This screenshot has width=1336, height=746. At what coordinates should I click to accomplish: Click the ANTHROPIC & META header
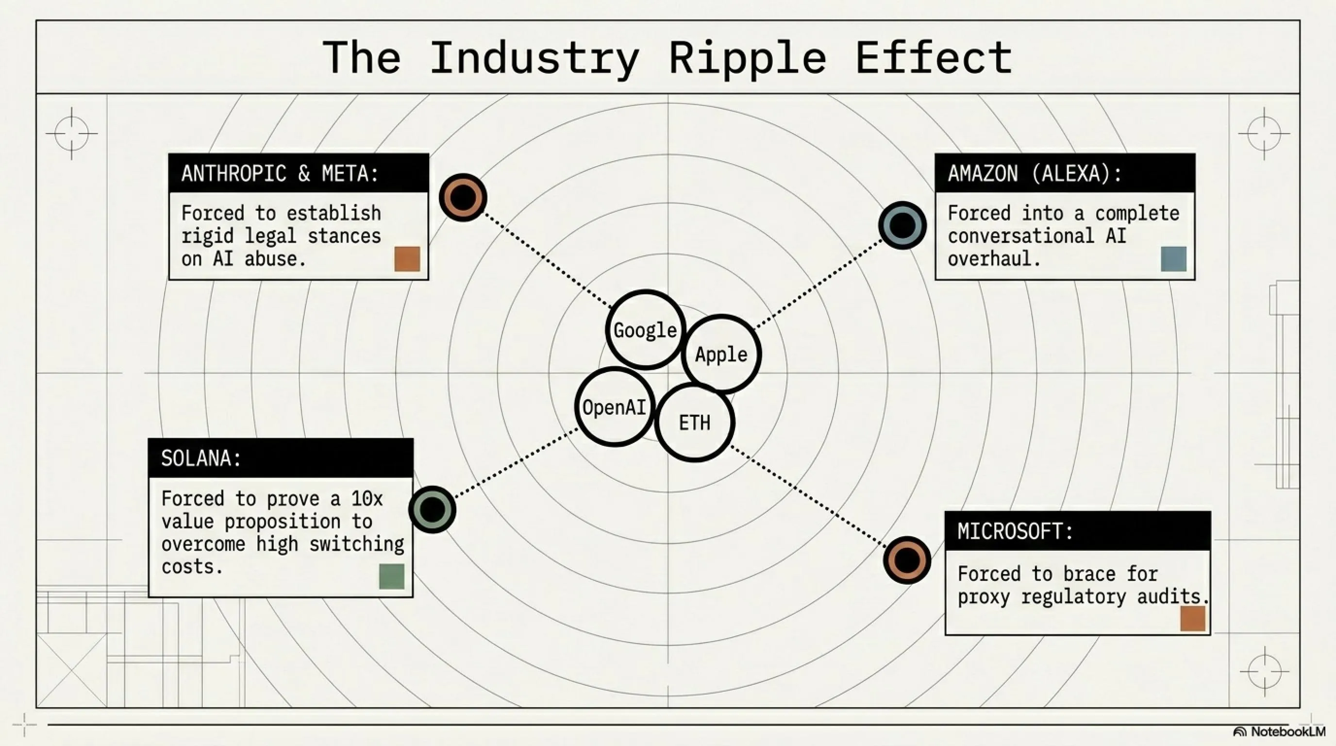(x=299, y=173)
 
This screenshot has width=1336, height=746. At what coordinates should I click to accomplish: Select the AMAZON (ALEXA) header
(x=1065, y=173)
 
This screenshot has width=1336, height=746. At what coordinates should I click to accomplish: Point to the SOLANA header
(x=281, y=458)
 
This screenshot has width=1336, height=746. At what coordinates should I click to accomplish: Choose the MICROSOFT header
(x=1078, y=531)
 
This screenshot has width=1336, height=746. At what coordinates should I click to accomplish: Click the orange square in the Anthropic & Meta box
(x=407, y=259)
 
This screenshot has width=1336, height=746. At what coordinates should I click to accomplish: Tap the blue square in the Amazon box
(x=1174, y=259)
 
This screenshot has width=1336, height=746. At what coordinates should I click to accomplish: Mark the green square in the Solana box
(x=392, y=576)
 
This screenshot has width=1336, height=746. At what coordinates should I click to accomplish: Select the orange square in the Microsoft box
(x=1193, y=618)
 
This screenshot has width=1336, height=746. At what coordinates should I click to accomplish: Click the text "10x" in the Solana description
(x=367, y=498)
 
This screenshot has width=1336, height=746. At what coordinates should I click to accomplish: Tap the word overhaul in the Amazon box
(x=994, y=258)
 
